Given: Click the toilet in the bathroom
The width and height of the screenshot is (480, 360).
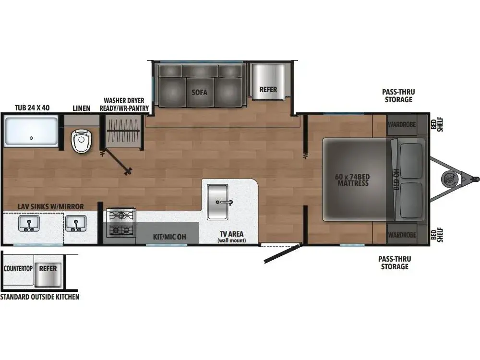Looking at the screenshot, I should coord(81,141).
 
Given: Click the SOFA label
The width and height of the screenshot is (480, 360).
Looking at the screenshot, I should coord(199,92).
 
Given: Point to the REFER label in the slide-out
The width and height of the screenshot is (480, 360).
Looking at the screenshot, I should coord(268,90).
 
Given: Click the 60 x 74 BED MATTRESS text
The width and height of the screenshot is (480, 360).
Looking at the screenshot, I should coord(352,180).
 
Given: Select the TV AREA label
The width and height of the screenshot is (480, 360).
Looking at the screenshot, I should coord(231,236).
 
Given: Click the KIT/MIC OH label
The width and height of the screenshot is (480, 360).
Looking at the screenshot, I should coord(169,237).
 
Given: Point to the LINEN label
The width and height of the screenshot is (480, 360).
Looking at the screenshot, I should coord(81,108).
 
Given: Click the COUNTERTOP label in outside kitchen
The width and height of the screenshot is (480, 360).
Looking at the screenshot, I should coord(18,269).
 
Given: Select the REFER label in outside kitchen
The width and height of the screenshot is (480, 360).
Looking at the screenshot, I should coord(48,269).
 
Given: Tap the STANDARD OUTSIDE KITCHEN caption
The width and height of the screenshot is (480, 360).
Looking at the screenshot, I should coord(40,297).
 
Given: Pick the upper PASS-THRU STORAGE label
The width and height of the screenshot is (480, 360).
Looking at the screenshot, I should coord(397,96).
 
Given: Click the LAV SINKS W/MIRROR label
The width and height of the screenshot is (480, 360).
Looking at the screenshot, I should coord(51,206).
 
